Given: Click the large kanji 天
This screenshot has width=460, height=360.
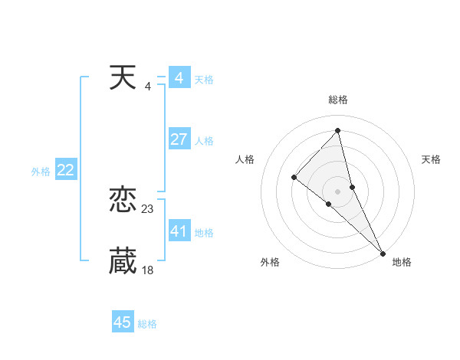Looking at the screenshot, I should tap(123, 77).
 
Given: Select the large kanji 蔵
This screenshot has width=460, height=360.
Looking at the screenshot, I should tap(123, 261).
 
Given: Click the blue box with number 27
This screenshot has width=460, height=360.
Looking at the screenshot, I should tap(179, 139).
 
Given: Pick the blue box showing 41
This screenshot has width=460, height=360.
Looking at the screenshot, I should tap(179, 231).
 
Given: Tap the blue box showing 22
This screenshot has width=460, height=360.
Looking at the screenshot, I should tap(65, 171).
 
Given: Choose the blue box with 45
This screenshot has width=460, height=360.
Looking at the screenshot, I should tap(123, 322).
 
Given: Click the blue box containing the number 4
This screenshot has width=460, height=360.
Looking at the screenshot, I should tap(179, 78).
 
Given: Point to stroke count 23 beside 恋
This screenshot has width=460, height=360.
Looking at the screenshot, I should tap(148, 208).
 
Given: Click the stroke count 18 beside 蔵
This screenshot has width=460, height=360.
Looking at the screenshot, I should tap(148, 270).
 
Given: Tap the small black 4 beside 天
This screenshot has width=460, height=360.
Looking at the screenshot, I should tap(147, 86).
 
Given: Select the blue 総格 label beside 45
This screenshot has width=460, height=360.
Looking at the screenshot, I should tap(147, 324).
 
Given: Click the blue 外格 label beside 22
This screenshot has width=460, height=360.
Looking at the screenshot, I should tap(41, 172).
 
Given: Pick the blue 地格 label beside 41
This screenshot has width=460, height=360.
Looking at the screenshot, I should tap(204, 233).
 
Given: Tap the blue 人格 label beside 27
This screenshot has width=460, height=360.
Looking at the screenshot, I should tap(204, 141).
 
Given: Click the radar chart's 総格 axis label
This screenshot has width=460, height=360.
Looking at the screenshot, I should tap(337, 100).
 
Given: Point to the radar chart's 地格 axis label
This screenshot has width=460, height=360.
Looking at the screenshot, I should tap(402, 262).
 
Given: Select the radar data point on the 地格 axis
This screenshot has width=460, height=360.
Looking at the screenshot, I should tap(382, 252).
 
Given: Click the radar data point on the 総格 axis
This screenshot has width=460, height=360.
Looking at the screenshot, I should tap(337, 130).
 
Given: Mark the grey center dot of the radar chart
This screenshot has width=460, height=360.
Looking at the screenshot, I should tap(337, 191).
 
